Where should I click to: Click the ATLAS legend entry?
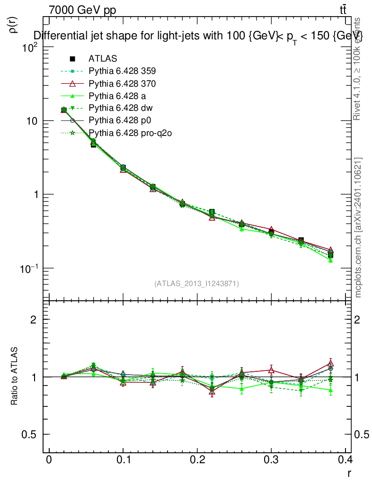pos(103,59)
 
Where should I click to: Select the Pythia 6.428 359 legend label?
pos(122,71)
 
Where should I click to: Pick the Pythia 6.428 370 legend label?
pos(122,83)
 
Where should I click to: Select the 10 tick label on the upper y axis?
pos(32,121)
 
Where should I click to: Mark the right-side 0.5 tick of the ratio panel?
pos(362,434)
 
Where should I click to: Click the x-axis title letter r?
pos(349,473)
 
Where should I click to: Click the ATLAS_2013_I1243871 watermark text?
pos(196,284)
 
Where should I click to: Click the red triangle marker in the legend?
pos(72,83)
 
